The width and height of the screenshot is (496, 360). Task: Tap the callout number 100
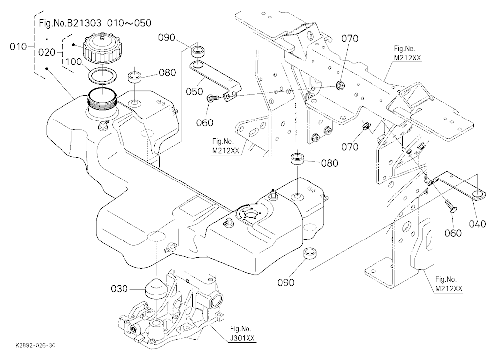74,61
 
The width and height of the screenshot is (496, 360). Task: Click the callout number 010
18,47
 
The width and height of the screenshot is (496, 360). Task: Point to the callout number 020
47,52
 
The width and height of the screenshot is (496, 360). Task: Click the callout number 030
119,289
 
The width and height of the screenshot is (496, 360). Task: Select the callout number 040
477,224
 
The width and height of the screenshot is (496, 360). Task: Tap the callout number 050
194,91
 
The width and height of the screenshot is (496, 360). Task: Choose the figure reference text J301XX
242,338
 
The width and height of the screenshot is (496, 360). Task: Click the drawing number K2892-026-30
35,345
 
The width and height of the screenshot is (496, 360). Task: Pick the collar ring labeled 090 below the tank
310,254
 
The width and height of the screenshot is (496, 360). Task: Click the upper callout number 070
350,38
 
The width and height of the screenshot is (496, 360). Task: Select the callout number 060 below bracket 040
453,233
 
